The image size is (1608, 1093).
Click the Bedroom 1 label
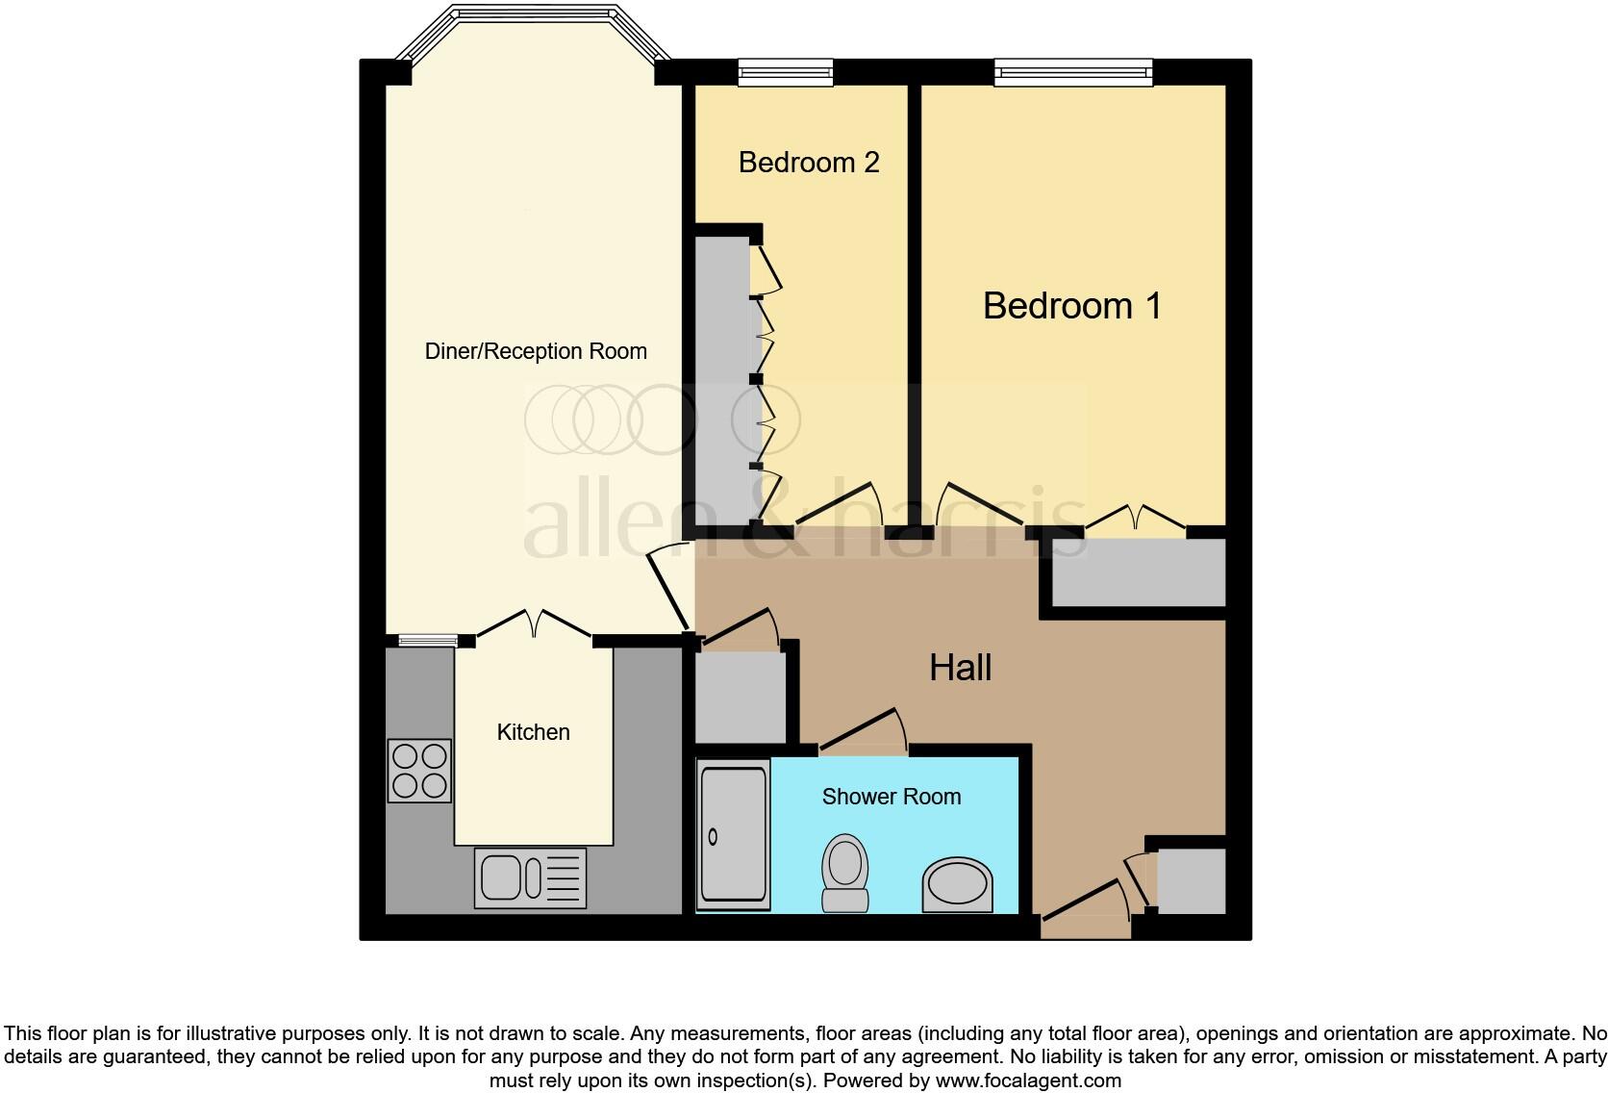click(1071, 306)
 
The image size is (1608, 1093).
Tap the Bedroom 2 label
click(808, 163)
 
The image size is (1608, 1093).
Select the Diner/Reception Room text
click(536, 351)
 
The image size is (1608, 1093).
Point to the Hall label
click(960, 668)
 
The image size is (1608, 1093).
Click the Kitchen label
click(533, 732)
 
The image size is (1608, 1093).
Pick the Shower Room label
click(891, 797)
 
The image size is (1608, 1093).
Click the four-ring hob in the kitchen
click(419, 771)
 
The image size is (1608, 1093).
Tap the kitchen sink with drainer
click(530, 877)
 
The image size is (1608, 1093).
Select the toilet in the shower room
click(844, 872)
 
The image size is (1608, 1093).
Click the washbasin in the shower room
click(957, 884)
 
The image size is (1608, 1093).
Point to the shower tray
click(733, 834)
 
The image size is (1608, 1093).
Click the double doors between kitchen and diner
click(534, 624)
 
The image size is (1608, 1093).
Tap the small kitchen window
click(428, 640)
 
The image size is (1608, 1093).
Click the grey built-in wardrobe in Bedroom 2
click(722, 380)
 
